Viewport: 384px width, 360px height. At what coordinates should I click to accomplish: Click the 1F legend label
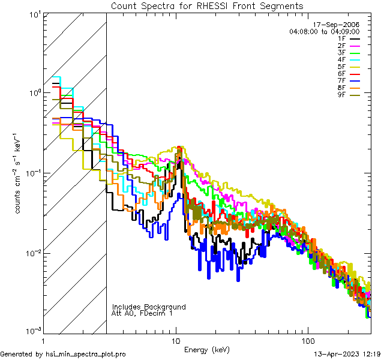tap(341, 38)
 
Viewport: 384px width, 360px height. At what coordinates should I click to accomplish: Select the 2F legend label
tap(341, 46)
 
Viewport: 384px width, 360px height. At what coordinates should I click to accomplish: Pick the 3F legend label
tap(341, 53)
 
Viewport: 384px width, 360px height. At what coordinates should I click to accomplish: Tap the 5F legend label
tap(341, 67)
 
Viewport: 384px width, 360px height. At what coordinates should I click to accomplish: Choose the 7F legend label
tap(341, 80)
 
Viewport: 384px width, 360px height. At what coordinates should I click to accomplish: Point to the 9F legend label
tap(341, 95)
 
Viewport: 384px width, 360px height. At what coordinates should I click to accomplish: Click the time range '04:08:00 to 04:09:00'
tap(333, 31)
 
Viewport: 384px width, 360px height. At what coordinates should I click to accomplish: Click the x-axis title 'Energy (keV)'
tap(207, 350)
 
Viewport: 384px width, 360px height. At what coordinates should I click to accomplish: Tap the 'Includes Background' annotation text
tap(149, 307)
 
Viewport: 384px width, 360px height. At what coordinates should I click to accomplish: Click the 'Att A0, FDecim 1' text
tap(142, 313)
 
